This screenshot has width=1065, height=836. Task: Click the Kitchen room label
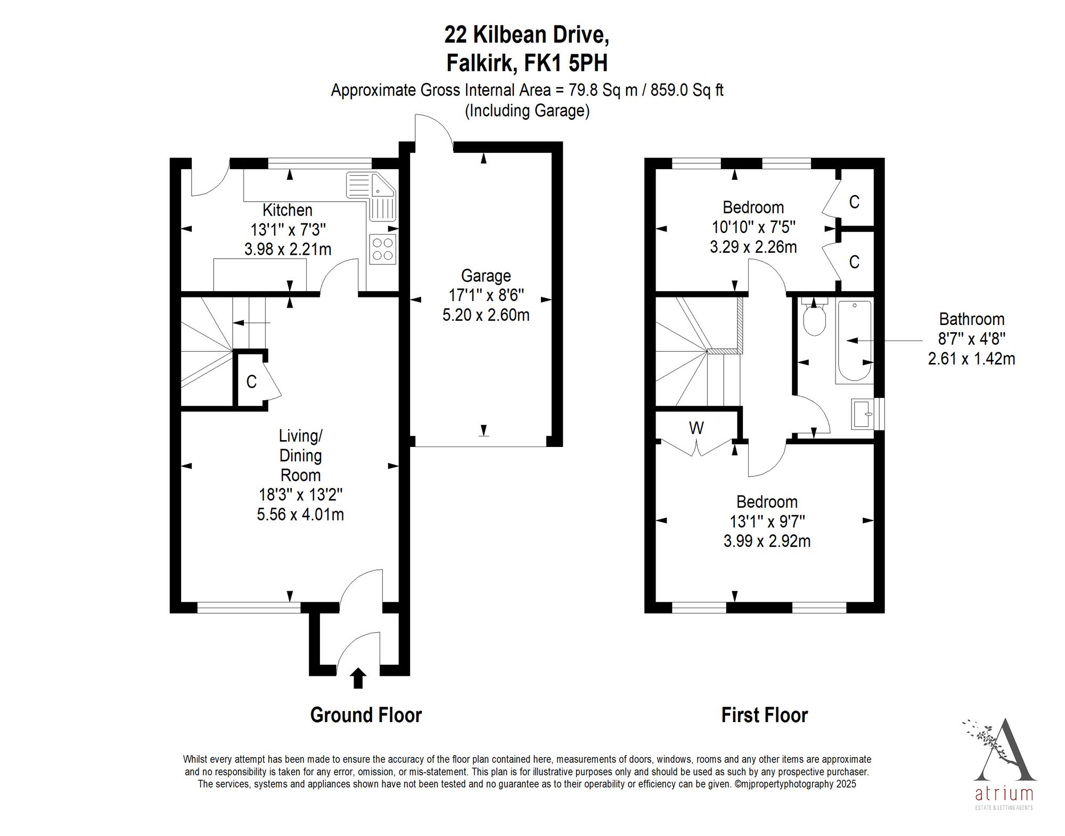(288, 210)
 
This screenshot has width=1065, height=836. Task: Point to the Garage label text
(486, 276)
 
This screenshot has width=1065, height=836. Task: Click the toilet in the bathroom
(814, 317)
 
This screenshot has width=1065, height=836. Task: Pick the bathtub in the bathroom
(854, 341)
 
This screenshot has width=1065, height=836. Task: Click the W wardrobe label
(696, 428)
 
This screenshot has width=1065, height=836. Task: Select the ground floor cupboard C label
(251, 382)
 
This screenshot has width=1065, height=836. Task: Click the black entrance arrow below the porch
(358, 678)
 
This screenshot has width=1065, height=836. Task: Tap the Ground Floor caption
(366, 715)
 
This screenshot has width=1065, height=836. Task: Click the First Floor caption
(764, 715)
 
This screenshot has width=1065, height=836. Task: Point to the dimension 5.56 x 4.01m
(300, 515)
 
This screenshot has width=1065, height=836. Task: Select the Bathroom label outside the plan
(971, 319)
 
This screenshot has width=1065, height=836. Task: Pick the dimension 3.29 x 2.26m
(753, 247)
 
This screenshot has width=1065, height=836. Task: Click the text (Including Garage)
(527, 111)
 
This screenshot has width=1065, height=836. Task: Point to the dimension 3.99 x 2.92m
(767, 541)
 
